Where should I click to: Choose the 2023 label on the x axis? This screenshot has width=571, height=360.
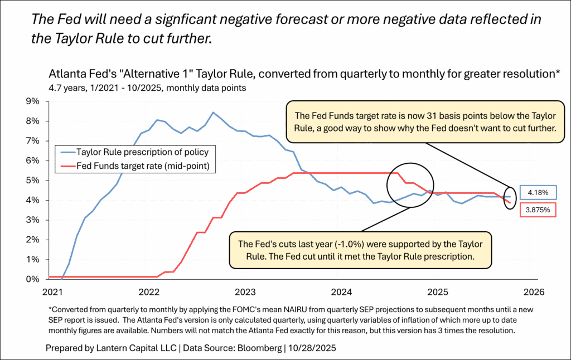tap(245, 291)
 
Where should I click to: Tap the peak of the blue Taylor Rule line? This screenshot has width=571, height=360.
tap(212, 113)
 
